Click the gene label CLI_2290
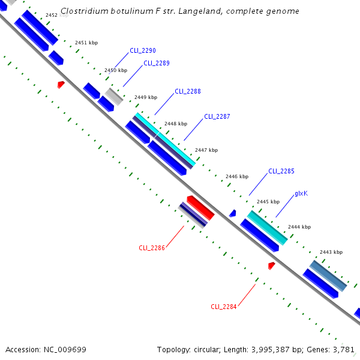pos(143,50)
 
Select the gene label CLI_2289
pos(157,63)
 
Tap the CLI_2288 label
pos(188,92)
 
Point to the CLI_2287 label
pos(217,116)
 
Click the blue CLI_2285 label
pos(281,171)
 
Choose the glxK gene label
pos(301,194)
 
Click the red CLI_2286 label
pos(152,247)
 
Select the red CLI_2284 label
pos(224,307)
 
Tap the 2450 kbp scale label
pos(116,70)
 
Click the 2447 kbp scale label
pos(206,150)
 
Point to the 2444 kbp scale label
pos(299,227)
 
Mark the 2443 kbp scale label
pos(331,252)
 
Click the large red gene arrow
pos(201,207)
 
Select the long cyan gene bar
pos(165,139)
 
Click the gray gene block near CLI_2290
pos(114,96)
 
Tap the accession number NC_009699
pos(65,349)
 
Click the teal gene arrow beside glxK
pos(268,227)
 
